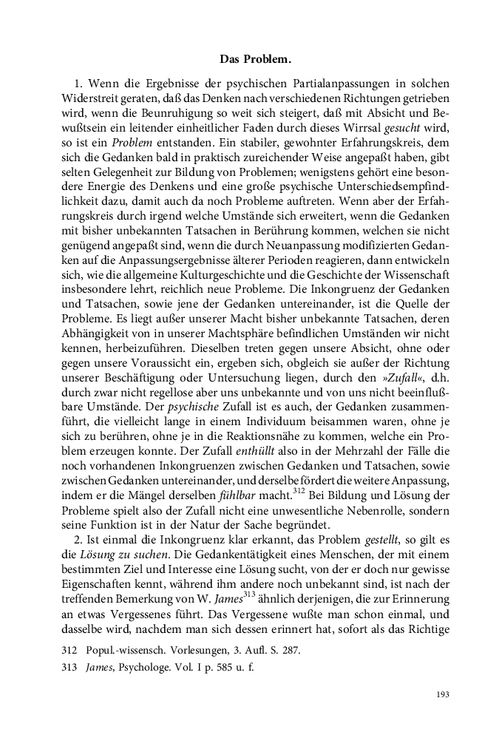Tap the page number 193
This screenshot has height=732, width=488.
point(443,694)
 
